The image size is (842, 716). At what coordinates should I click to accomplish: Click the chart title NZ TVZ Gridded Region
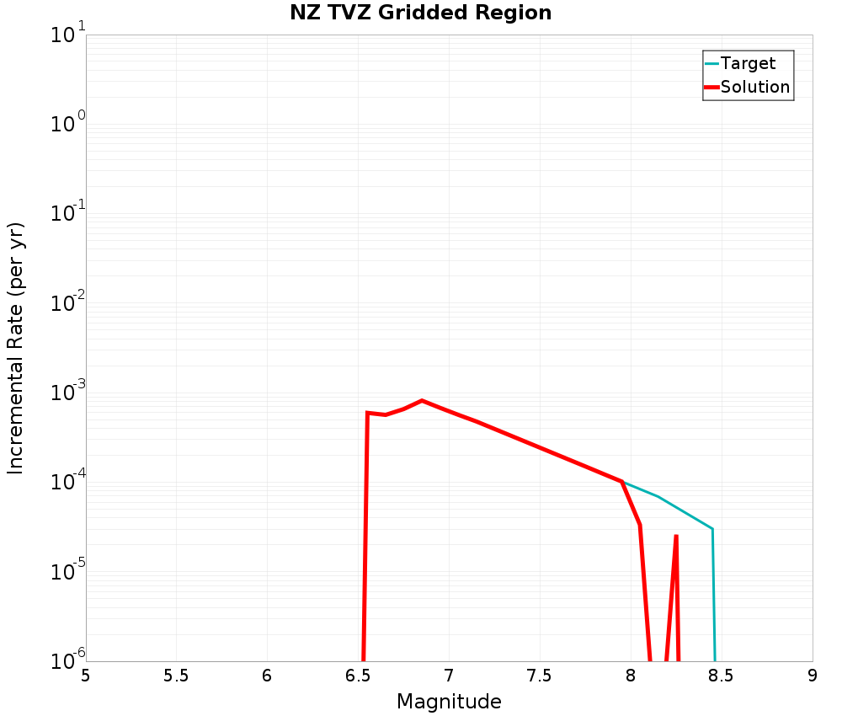421,13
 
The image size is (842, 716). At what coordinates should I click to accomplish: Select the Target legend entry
748,63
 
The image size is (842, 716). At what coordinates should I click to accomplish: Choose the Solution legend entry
754,87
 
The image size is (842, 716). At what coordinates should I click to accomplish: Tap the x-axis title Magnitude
449,702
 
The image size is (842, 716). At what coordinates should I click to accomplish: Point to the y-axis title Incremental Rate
16,348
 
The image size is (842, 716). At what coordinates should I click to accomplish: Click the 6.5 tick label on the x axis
358,676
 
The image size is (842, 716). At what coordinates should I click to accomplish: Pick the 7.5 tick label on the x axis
540,676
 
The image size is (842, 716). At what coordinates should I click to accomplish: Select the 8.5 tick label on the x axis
722,676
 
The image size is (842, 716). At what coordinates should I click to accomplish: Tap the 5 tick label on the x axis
86,676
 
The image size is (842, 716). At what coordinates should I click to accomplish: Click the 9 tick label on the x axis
813,676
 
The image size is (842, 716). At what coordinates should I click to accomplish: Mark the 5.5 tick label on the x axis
176,676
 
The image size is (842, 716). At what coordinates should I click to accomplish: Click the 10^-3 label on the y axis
66,393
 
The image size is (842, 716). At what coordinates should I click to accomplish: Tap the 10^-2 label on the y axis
66,304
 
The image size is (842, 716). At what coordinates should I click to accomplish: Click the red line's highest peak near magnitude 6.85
422,400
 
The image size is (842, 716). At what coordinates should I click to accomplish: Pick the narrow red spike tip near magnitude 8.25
676,536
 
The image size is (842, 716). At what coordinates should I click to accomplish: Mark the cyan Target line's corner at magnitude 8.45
712,529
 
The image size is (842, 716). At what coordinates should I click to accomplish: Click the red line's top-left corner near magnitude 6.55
367,413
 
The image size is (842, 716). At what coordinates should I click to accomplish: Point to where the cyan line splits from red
622,482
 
